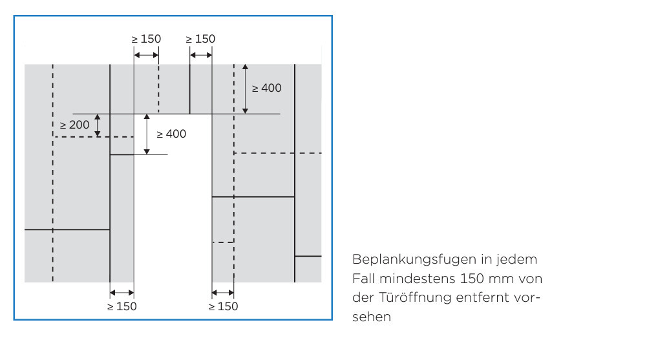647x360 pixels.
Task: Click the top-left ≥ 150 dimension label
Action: tap(146, 39)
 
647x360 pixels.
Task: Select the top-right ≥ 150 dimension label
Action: tap(200, 39)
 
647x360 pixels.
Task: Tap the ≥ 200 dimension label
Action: tap(75, 125)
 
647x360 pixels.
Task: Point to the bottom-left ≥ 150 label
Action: tap(122, 306)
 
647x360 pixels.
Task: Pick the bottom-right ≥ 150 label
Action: tap(223, 306)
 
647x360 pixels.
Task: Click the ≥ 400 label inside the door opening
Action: tap(171, 134)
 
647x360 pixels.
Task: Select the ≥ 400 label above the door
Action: tap(267, 88)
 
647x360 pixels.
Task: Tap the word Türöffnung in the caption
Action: tap(413, 299)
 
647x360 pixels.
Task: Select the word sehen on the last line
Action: tap(372, 318)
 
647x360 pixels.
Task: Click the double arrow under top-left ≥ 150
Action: tap(146, 55)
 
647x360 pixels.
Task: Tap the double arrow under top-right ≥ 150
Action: tap(201, 55)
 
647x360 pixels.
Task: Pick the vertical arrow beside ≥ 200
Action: tap(98, 125)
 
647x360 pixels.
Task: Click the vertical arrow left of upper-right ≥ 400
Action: tap(245, 89)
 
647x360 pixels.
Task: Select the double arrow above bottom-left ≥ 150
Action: tap(122, 291)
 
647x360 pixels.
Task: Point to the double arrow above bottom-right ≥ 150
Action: tap(223, 291)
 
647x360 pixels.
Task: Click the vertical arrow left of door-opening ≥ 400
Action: tap(147, 134)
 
